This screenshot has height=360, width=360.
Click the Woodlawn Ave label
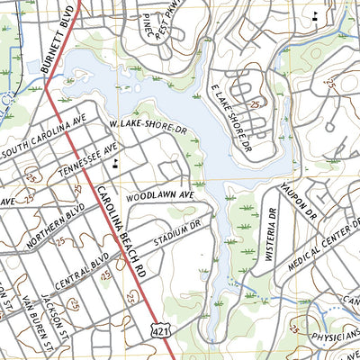coord(161,195)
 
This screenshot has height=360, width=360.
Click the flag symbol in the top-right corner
coord(314,16)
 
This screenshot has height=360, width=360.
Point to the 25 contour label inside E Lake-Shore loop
coord(256,104)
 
